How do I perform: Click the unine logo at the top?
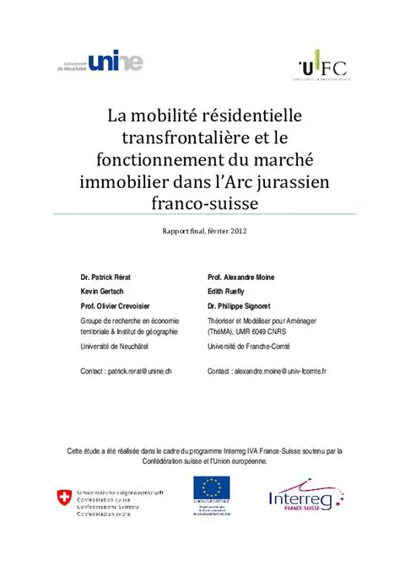coord(101,62)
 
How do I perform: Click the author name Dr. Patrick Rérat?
coord(107,277)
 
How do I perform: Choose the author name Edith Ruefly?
coord(229,291)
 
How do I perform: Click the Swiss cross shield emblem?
coord(64,498)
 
